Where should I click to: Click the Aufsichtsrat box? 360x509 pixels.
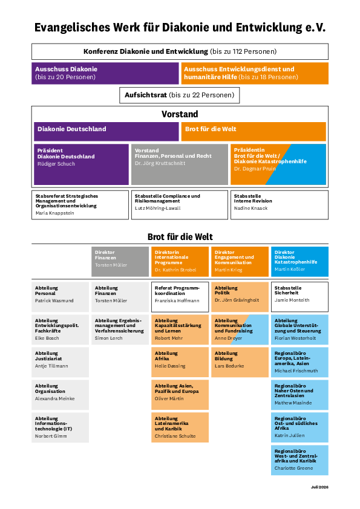pyautogui.click(x=179, y=95)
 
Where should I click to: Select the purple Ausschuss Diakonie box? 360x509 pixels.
pyautogui.click(x=105, y=73)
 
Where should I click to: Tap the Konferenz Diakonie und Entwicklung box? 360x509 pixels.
pyautogui.click(x=180, y=51)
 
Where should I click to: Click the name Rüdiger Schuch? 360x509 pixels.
pyautogui.click(x=56, y=164)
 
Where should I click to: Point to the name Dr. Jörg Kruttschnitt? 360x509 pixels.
pyautogui.click(x=160, y=163)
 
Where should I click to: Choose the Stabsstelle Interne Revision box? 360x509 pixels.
pyautogui.click(x=280, y=205)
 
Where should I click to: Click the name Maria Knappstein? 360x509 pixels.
pyautogui.click(x=55, y=213)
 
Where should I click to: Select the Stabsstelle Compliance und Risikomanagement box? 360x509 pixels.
pyautogui.click(x=179, y=205)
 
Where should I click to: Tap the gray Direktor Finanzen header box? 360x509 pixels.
pyautogui.click(x=120, y=262)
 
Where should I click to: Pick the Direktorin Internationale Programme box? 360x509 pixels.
pyautogui.click(x=180, y=262)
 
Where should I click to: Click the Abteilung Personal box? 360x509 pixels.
pyautogui.click(x=60, y=297)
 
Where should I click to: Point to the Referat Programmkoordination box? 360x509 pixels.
pyautogui.click(x=180, y=297)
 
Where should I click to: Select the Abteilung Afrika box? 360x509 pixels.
pyautogui.click(x=180, y=362)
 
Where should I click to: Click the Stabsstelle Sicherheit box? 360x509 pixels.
pyautogui.click(x=299, y=297)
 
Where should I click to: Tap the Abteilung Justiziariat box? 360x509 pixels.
pyautogui.click(x=60, y=362)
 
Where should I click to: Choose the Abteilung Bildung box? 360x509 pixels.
pyautogui.click(x=240, y=362)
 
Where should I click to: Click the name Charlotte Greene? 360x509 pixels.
pyautogui.click(x=293, y=468)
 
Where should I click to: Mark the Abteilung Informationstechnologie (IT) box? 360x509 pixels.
pyautogui.click(x=60, y=427)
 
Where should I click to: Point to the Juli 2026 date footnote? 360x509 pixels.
pyautogui.click(x=319, y=487)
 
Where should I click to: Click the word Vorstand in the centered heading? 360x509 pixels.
pyautogui.click(x=180, y=114)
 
